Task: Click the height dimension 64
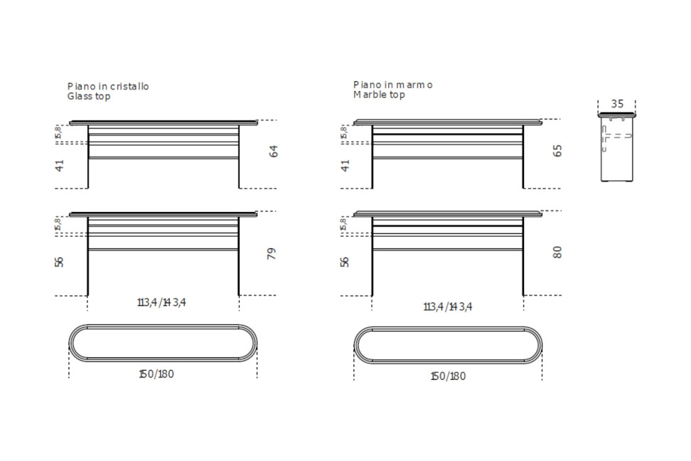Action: tap(274, 152)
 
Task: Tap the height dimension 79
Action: tap(272, 254)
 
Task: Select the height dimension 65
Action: tap(557, 151)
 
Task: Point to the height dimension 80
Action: tap(557, 253)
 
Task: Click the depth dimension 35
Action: tap(617, 104)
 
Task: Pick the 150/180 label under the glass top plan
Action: tap(156, 374)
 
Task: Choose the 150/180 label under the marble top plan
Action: tap(448, 376)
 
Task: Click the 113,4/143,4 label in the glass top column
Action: tap(162, 302)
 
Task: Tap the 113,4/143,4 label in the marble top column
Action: tap(448, 307)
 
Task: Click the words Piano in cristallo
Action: tap(108, 87)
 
